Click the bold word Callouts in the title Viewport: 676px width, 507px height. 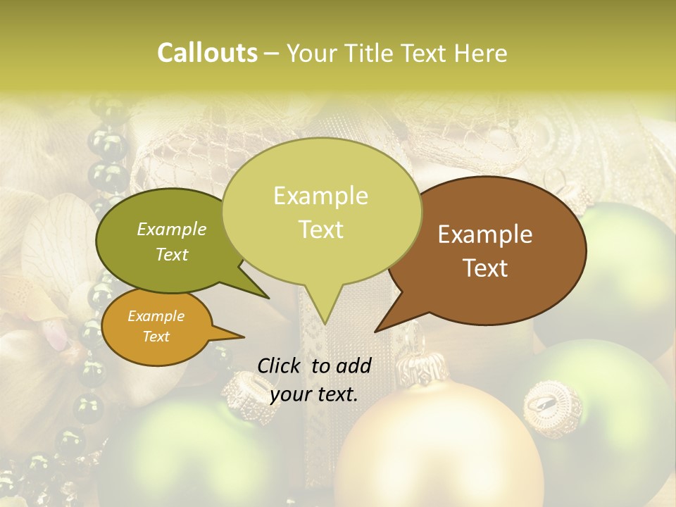207,53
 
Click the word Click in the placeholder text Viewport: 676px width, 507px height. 280,365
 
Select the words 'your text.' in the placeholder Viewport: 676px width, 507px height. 314,394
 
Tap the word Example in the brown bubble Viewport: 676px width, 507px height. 485,234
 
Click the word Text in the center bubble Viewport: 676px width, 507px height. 321,230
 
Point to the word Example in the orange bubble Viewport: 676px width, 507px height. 156,317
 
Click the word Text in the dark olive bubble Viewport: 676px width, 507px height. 171,254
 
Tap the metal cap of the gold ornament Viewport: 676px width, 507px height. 422,368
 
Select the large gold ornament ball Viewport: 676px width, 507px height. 437,451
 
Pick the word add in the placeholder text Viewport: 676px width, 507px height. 354,365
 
